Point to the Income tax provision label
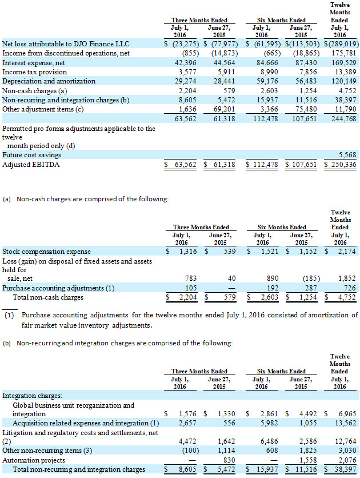(35, 72)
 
